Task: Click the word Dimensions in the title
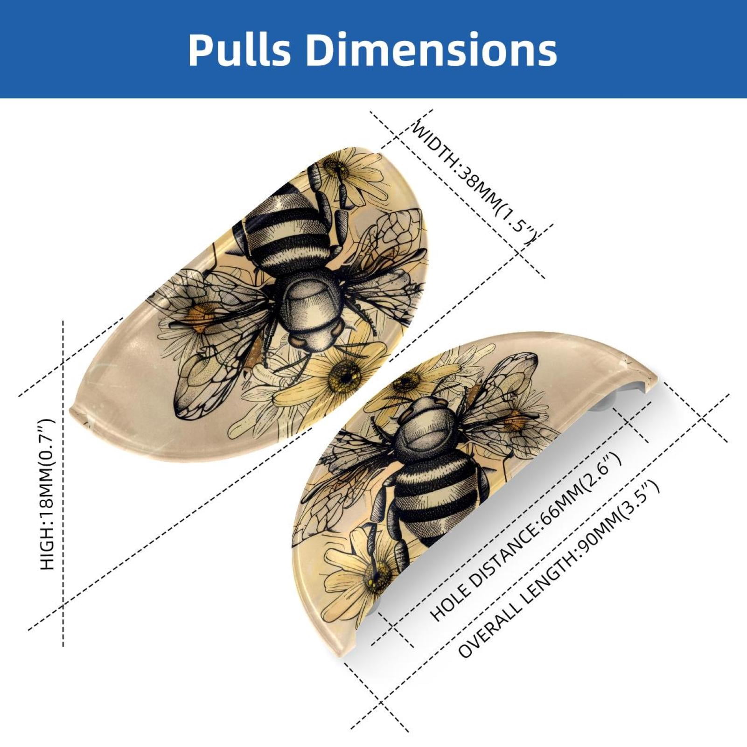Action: pos(431,49)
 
